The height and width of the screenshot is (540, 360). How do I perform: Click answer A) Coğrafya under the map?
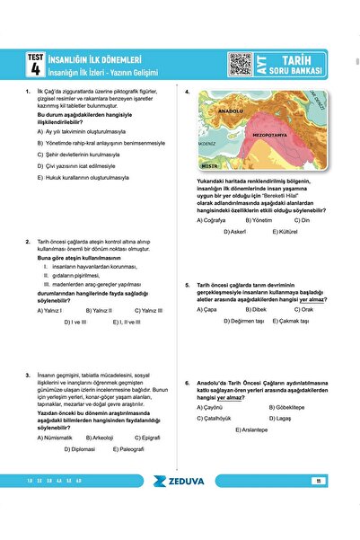point(212,220)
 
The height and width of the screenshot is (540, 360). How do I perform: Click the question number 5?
point(187,285)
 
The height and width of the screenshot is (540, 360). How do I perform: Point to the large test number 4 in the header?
point(35,68)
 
